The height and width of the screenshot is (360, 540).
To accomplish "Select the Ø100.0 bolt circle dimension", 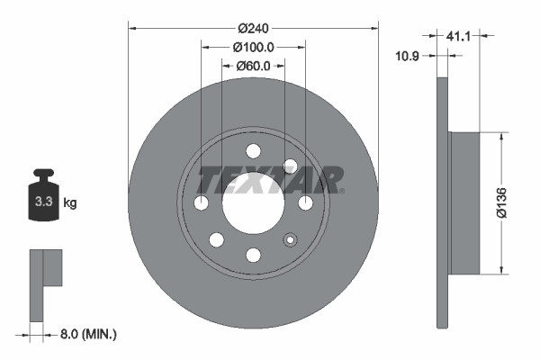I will [x=253, y=47].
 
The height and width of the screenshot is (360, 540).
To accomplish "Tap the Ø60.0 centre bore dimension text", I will [x=254, y=66].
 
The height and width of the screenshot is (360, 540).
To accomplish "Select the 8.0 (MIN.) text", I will [x=87, y=334].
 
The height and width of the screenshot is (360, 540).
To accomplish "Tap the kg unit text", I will [x=69, y=203].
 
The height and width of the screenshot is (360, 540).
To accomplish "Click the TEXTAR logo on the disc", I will [x=270, y=180].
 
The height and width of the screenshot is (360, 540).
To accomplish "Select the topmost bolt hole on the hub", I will [x=253, y=151].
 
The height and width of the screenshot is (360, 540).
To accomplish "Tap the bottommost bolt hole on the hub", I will [x=253, y=256].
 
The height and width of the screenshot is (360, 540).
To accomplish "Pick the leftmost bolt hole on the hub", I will [x=201, y=203].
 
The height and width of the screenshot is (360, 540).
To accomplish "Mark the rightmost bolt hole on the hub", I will [x=306, y=203].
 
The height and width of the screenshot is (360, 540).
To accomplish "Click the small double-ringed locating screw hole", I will [x=290, y=239].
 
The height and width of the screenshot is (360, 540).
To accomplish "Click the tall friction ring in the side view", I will [x=441, y=203].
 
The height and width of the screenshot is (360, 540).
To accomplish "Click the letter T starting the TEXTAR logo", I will [x=209, y=180].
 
